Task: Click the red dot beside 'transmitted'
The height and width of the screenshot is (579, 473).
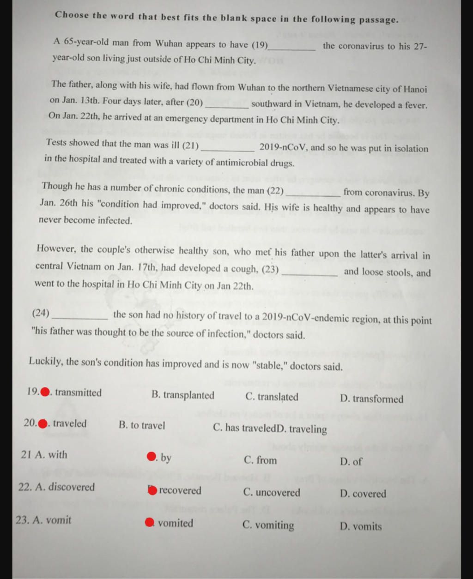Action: tap(45, 392)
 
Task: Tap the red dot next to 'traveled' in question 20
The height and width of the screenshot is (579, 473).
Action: tap(42, 424)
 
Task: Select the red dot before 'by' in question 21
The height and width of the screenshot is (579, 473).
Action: tap(151, 457)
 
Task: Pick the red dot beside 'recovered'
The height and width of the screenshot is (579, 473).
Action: tap(152, 490)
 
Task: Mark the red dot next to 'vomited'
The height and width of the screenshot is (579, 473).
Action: tap(149, 523)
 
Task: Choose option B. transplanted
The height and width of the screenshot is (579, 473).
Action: tap(183, 395)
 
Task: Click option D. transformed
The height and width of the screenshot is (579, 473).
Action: tap(371, 399)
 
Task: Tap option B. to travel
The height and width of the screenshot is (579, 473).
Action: tap(142, 425)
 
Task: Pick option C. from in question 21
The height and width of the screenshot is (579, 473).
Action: tap(260, 460)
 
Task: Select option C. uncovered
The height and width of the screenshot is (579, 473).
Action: tap(272, 493)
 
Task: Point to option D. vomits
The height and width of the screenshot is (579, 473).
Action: tap(361, 526)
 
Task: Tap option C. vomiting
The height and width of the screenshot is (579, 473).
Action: tap(268, 525)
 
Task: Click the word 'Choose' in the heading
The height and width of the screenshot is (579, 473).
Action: tap(72, 15)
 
